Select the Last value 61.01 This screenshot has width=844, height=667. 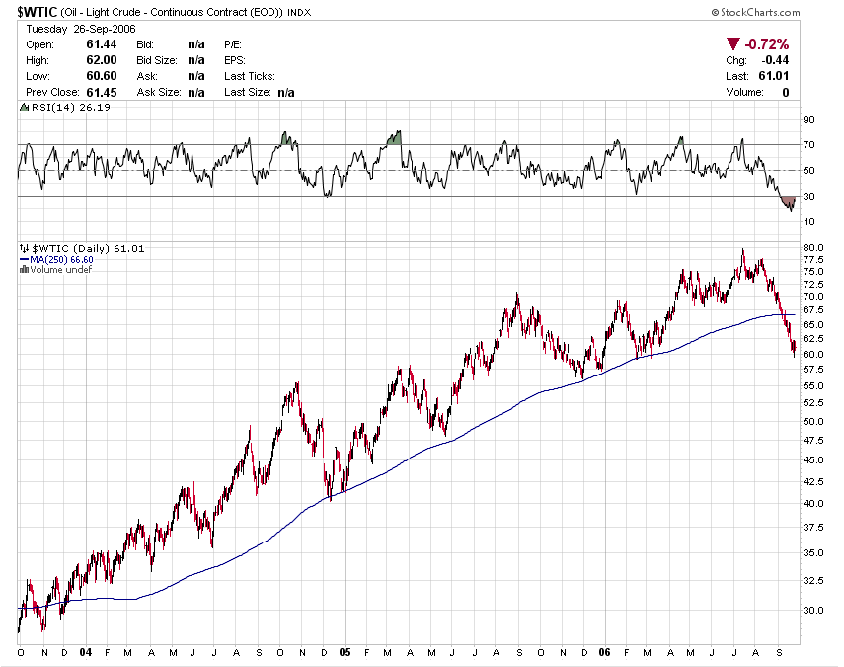pyautogui.click(x=775, y=76)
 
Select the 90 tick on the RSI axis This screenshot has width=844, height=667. pyautogui.click(x=809, y=120)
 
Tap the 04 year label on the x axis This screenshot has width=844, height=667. pyautogui.click(x=86, y=653)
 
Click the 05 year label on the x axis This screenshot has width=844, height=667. pyautogui.click(x=345, y=653)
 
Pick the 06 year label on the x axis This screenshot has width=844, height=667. pyautogui.click(x=603, y=653)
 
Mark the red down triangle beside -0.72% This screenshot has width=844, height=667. pyautogui.click(x=732, y=44)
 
